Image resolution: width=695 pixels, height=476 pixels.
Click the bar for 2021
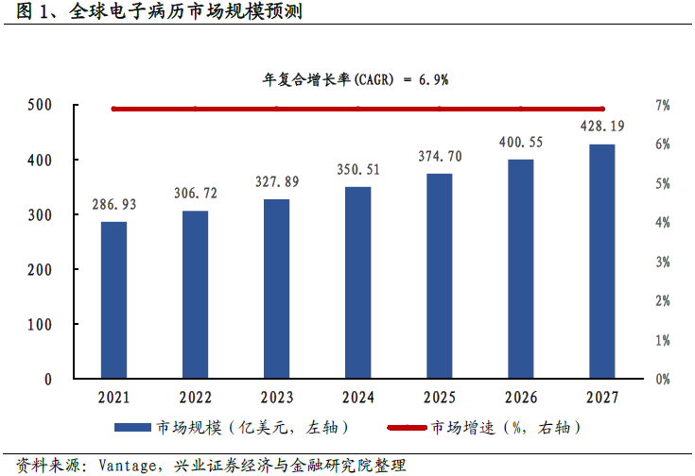[113, 300]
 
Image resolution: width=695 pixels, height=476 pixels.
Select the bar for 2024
[357, 282]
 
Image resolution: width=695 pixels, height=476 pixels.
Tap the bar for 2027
[601, 262]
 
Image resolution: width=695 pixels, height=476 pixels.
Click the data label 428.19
[601, 126]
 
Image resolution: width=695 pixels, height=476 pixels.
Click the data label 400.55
[520, 142]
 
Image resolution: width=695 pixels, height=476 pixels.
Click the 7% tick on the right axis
[662, 105]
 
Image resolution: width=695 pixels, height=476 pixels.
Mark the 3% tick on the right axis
[662, 262]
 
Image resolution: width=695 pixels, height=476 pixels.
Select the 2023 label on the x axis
[276, 398]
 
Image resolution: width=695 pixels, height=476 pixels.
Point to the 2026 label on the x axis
[520, 398]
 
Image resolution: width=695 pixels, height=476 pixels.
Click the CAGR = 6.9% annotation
[355, 80]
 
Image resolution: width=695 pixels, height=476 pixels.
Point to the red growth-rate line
[357, 109]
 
